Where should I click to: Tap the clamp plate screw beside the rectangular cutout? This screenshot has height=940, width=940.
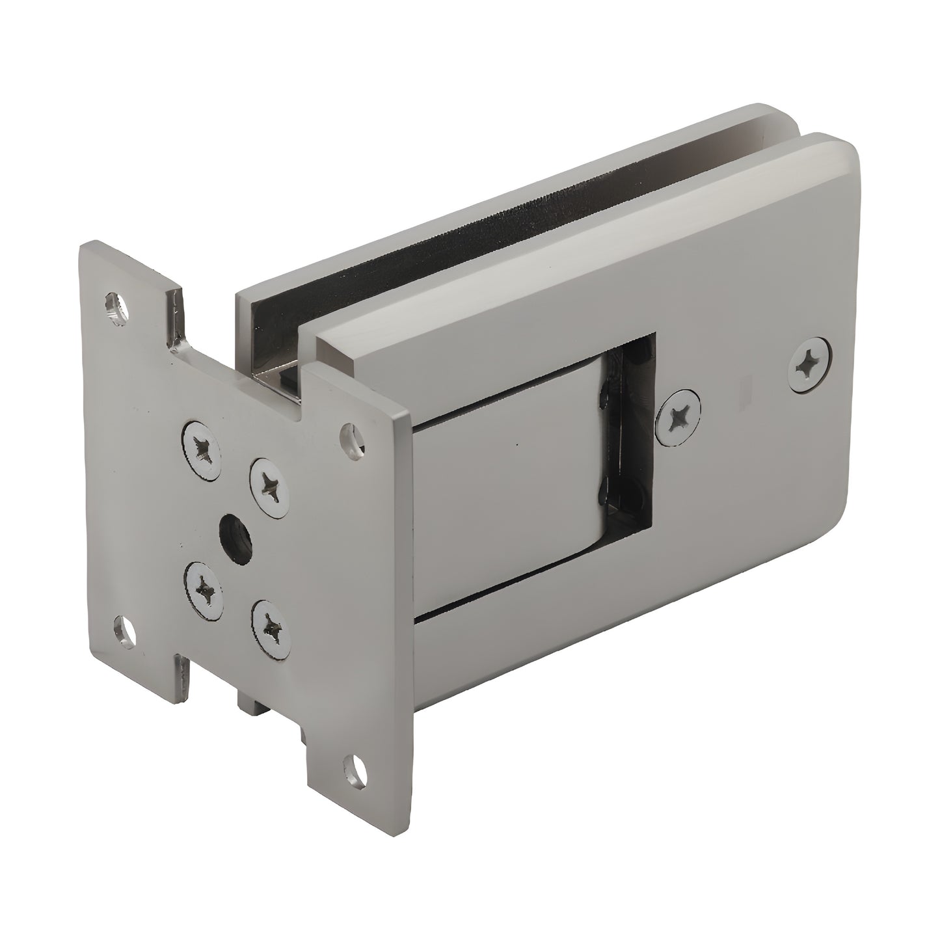click(678, 416)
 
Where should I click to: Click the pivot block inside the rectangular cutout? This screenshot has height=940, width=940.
click(507, 494)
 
